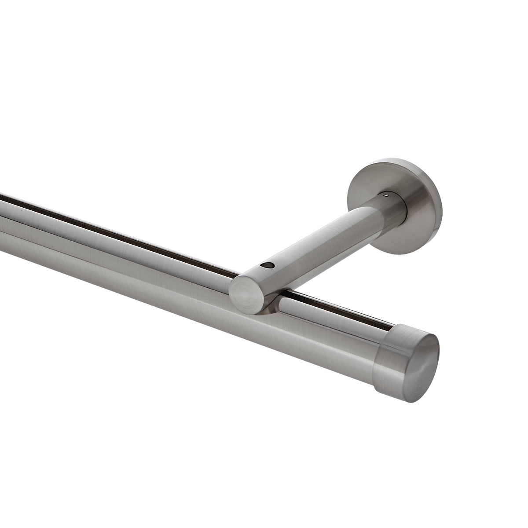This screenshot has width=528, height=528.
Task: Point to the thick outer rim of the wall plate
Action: (436, 220)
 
